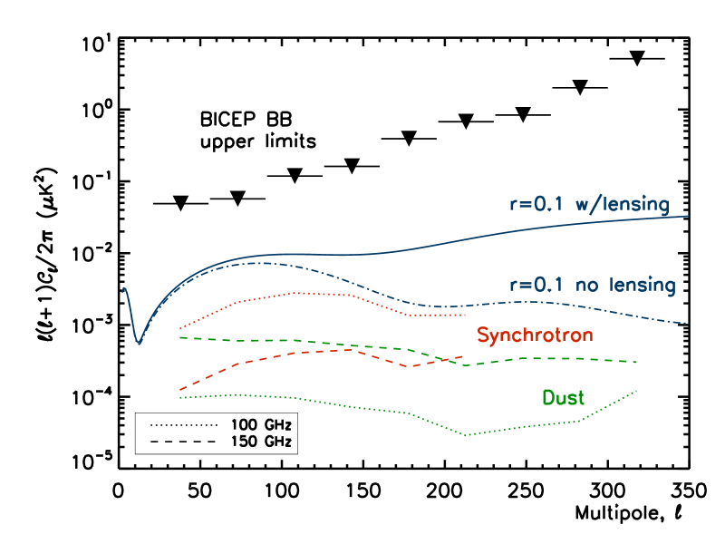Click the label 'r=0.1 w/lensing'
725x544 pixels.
pos(589,204)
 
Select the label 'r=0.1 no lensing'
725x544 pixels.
pos(593,285)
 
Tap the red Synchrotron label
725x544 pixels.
pos(535,335)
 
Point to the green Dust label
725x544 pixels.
pos(563,397)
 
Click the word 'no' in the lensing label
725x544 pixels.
pos(587,285)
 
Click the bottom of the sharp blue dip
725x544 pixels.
pos(138,344)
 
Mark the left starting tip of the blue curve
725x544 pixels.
pos(123,288)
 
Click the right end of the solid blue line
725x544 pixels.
pos(690,216)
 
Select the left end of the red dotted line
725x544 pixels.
pos(180,328)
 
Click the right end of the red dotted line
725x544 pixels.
pos(465,315)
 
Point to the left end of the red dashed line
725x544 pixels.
pos(180,390)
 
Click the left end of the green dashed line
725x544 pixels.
pos(180,337)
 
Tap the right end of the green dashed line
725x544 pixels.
pos(638,362)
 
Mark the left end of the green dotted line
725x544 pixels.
pos(180,397)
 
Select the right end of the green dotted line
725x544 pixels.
pos(638,391)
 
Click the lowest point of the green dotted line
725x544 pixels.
pos(467,435)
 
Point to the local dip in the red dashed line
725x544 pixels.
pos(412,366)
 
